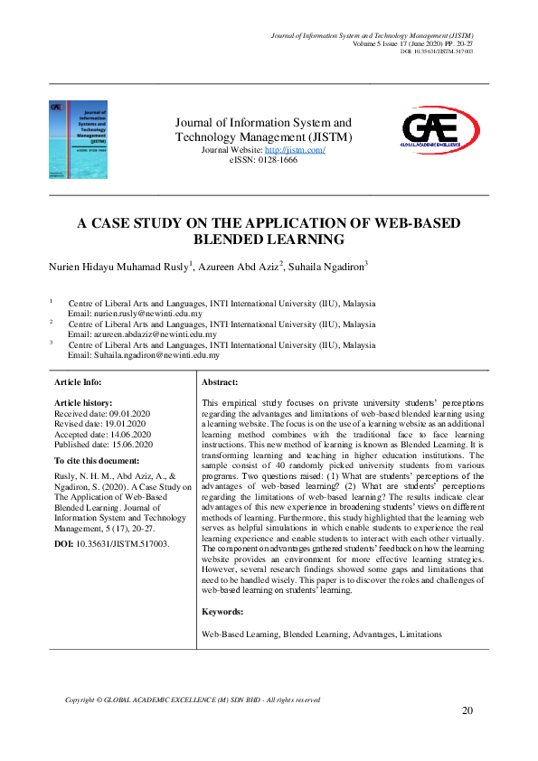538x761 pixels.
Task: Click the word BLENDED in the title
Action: [x=231, y=240]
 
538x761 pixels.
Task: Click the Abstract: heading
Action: [x=220, y=383]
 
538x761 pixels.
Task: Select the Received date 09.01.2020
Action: [x=126, y=412]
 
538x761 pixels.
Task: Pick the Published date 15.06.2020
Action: [x=127, y=444]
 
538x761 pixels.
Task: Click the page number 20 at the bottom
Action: [x=467, y=710]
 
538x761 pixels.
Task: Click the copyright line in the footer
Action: [x=193, y=700]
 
